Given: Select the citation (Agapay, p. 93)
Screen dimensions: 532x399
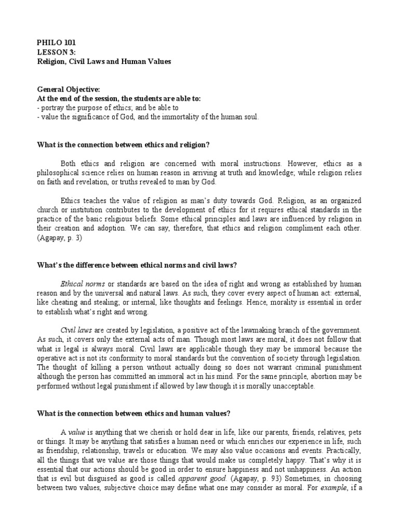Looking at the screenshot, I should click(x=241, y=479).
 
